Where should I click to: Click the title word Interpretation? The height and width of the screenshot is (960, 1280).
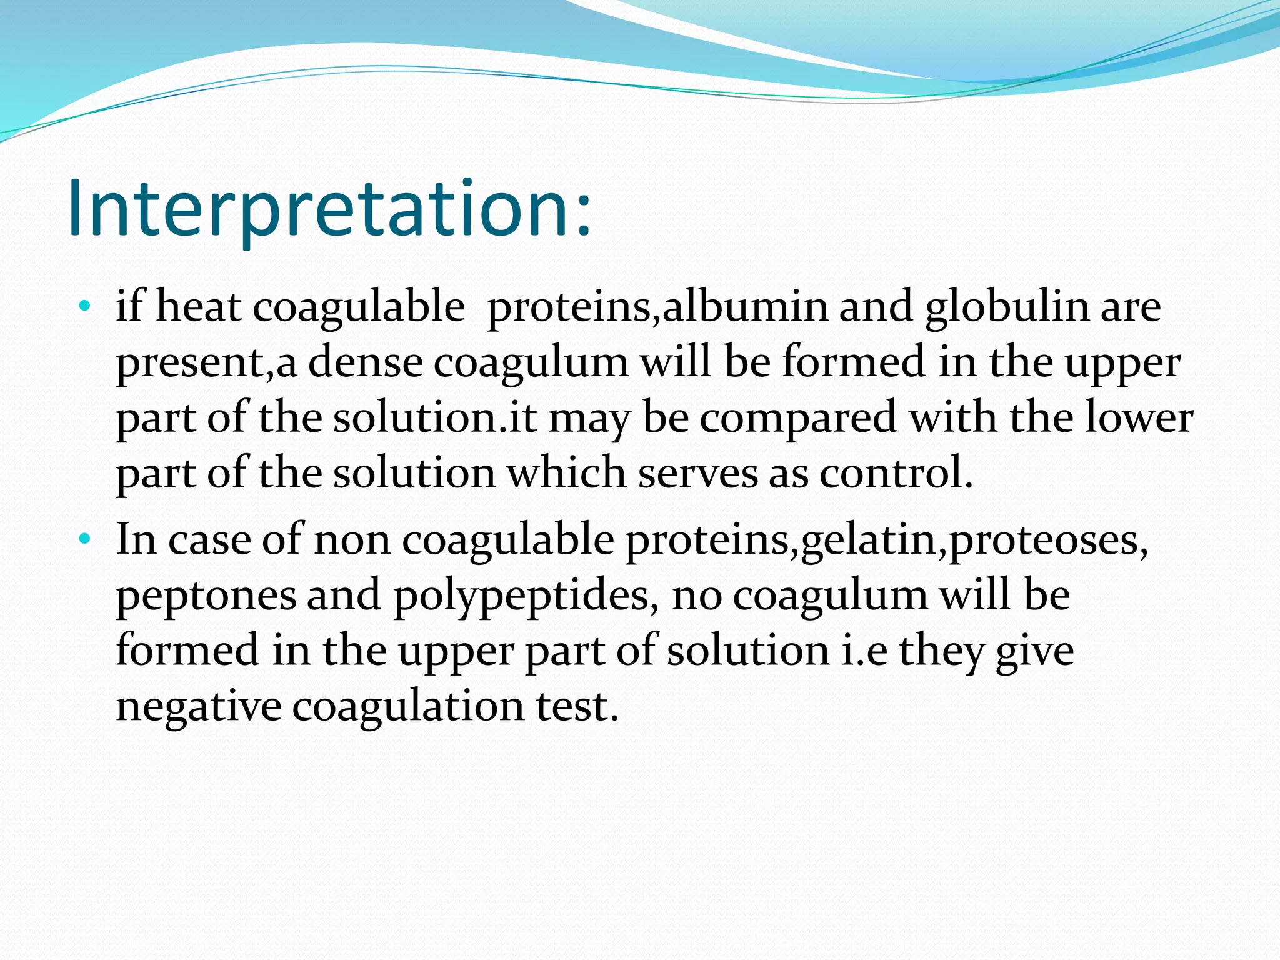coord(329,209)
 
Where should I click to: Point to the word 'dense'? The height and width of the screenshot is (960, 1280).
coord(365,362)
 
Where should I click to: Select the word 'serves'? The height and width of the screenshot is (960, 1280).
coord(697,473)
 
